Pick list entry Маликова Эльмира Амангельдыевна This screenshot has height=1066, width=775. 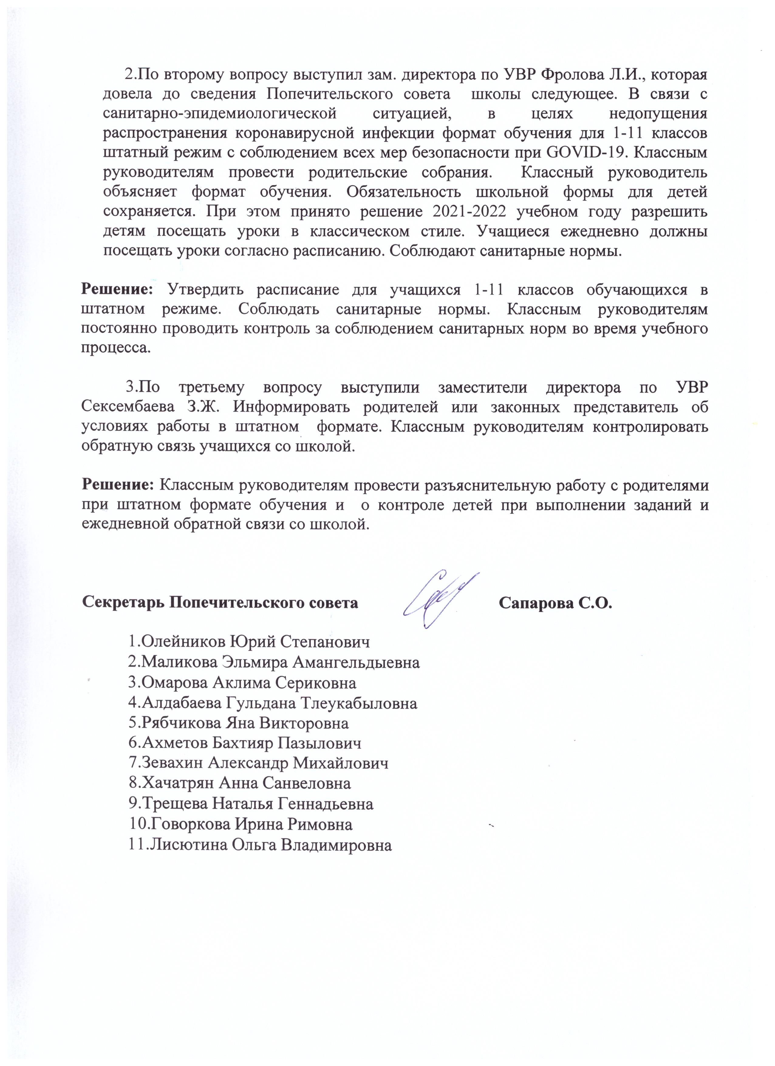(x=274, y=662)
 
